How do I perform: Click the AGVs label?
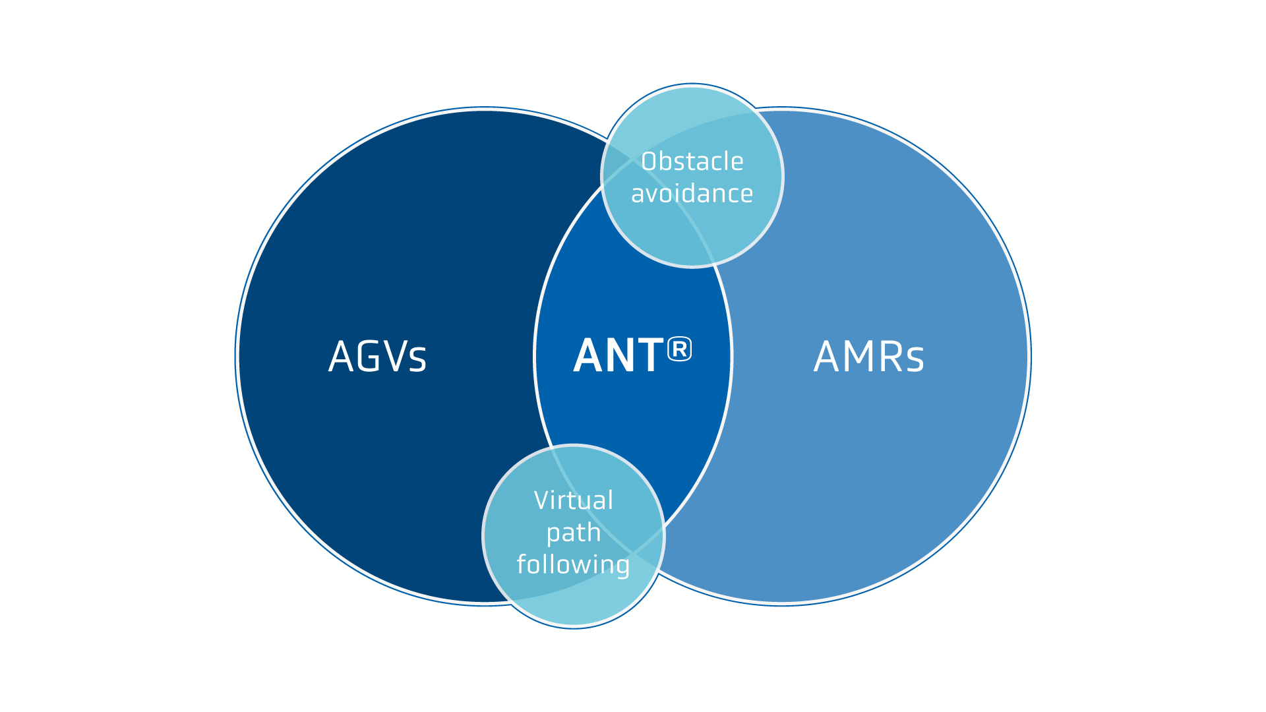coord(377,357)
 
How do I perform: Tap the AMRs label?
coord(868,357)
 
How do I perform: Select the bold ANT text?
coord(618,356)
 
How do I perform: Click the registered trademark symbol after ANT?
coord(679,349)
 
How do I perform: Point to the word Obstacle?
coord(692,162)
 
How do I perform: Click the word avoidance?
coord(692,194)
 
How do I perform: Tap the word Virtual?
coord(574,500)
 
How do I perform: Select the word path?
coord(574,533)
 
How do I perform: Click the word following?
coord(574,565)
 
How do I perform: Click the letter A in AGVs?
coord(341,357)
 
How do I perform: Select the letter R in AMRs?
coord(891,357)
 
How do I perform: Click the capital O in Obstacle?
coord(649,162)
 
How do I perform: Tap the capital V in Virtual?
coord(543,500)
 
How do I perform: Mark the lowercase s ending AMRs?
coord(915,361)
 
